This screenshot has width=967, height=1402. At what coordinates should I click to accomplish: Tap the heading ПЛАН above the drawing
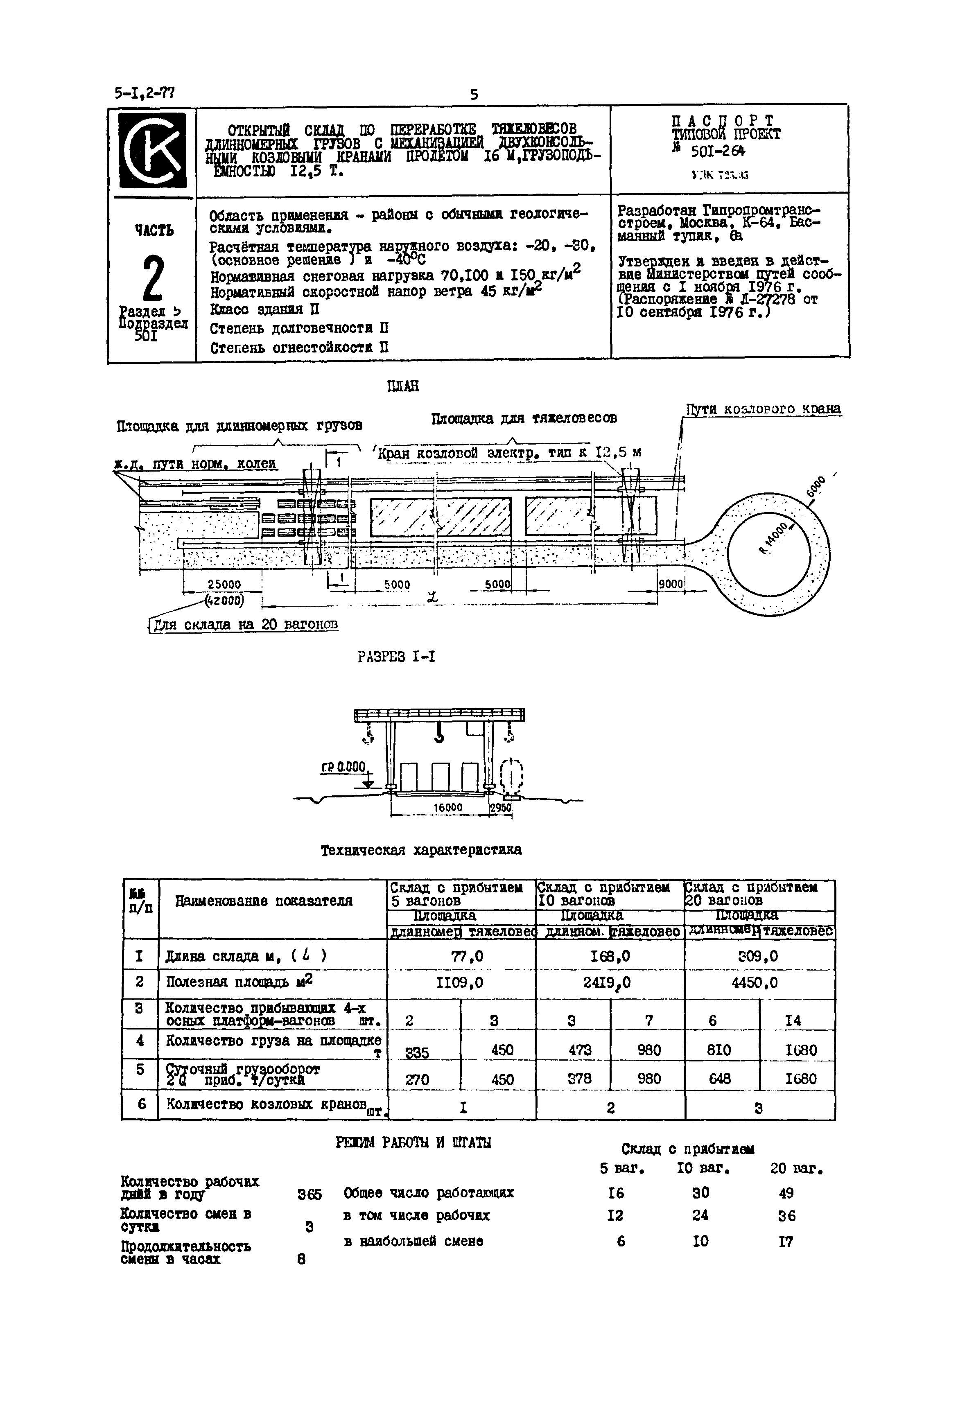click(403, 386)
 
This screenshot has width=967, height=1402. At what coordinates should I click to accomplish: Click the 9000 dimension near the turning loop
click(671, 584)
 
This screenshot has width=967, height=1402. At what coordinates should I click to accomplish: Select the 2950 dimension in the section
click(500, 807)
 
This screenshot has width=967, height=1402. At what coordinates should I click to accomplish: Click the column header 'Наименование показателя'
click(264, 901)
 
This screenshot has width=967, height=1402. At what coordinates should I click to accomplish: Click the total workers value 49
click(786, 1193)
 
